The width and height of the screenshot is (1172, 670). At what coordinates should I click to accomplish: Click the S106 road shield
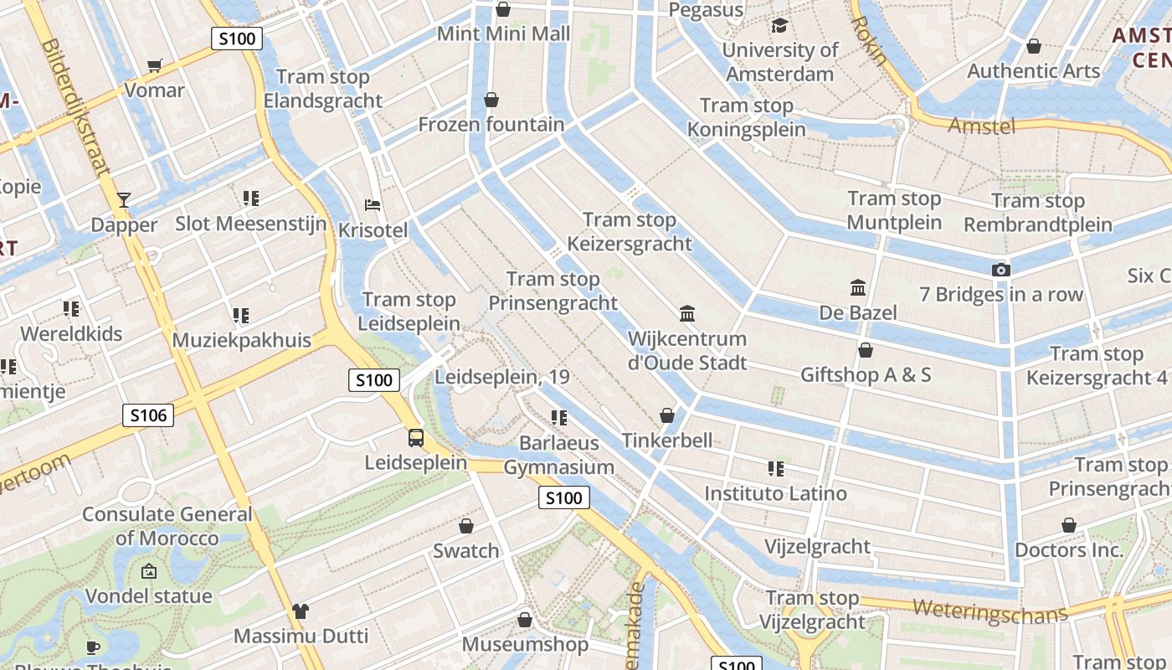tap(148, 415)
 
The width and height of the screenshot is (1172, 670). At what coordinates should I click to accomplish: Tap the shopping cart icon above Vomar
tap(154, 65)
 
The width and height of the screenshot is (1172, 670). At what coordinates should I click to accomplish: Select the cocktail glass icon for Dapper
tap(124, 199)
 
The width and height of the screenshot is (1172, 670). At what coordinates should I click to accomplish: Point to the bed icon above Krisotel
tap(373, 205)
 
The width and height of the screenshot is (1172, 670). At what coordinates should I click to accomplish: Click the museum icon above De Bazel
tap(858, 288)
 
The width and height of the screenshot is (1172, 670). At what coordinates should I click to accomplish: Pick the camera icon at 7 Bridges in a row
tap(1000, 270)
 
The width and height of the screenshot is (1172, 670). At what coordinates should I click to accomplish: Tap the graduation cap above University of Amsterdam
tap(779, 25)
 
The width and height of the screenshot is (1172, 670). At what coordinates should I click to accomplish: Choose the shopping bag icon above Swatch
tap(466, 526)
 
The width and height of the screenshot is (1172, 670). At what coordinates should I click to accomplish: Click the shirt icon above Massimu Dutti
tap(301, 611)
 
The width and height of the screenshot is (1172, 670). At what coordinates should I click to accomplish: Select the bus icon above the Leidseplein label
tap(416, 437)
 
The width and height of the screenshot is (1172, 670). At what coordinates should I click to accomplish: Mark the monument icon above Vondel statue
tap(149, 571)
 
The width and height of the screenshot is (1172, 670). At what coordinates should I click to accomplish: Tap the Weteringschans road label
tap(990, 611)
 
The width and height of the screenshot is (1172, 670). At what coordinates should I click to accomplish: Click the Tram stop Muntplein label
tap(894, 210)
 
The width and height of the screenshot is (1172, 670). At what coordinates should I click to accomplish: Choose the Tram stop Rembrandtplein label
tap(1038, 213)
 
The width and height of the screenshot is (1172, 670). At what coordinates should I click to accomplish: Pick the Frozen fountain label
tap(491, 125)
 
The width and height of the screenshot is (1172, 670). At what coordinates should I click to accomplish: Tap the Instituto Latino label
tap(775, 493)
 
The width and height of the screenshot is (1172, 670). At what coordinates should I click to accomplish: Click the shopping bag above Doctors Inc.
tap(1069, 525)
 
